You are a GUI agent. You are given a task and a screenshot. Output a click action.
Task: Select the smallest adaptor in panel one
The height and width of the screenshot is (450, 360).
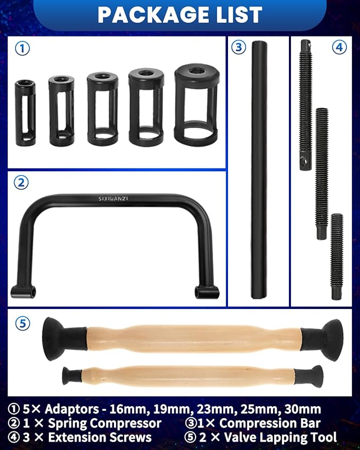tap(25, 112)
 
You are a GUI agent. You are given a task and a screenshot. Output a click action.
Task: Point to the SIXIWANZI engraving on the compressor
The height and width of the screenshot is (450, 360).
tap(113, 199)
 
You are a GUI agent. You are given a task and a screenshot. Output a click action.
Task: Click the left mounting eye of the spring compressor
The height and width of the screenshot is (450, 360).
tap(23, 291)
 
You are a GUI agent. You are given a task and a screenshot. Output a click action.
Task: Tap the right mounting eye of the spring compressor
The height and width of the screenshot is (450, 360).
tap(207, 292)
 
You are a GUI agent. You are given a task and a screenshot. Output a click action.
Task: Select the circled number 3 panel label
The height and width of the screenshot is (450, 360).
tap(239, 47)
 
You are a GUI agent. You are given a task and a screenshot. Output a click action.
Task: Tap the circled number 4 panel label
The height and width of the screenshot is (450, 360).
tap(339, 47)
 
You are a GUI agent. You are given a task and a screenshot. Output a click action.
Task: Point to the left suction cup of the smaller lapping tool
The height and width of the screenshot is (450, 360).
tap(70, 375)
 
